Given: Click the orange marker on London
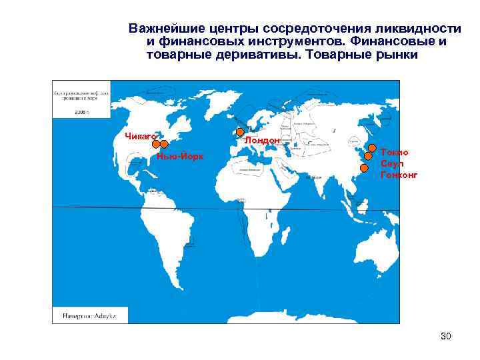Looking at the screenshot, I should coord(240,132).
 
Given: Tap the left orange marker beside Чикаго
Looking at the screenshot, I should coord(155,144).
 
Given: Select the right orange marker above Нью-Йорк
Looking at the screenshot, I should coord(164,144).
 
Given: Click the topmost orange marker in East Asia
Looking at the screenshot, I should coord(371,148).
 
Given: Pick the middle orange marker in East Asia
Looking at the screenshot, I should coord(368,156).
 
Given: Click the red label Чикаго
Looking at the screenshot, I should coord(140,136).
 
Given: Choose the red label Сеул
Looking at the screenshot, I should coord(390,163).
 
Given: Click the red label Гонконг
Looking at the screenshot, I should coord(399,175).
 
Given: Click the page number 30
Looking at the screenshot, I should coord(446,336).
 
